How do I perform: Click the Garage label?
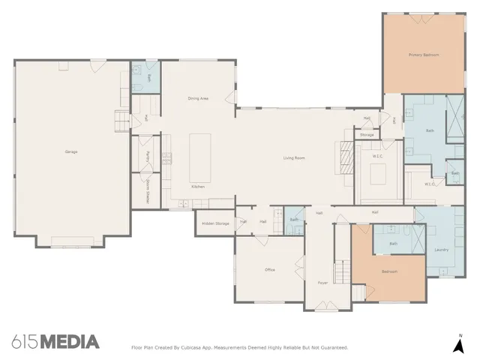[71, 152]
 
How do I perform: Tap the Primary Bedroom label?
[423, 55]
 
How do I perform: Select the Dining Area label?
[198, 99]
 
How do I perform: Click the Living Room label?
[293, 158]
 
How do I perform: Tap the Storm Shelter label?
[148, 193]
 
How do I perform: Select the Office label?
[269, 270]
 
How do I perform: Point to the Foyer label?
[322, 283]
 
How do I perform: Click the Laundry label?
[441, 250]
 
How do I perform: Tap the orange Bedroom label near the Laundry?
[389, 271]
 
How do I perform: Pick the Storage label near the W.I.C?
[367, 135]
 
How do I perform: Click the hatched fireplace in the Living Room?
[346, 157]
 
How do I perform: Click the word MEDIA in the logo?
[69, 343]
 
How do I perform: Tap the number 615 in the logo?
[25, 343]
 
